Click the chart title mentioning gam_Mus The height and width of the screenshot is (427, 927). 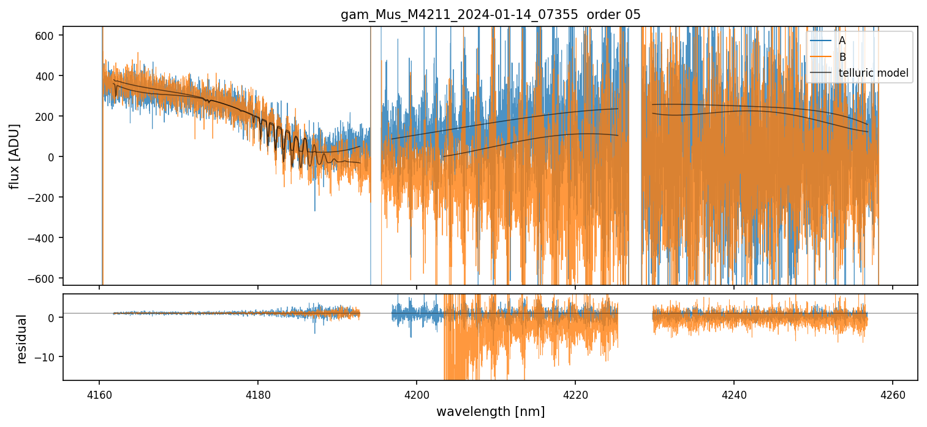[x=491, y=15]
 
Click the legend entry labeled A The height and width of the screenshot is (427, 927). [x=842, y=40]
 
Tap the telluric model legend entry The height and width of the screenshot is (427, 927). [x=873, y=74]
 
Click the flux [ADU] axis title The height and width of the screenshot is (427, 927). [x=14, y=156]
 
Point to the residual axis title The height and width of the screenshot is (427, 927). [x=22, y=339]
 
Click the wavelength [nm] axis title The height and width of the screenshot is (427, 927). [x=490, y=412]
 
